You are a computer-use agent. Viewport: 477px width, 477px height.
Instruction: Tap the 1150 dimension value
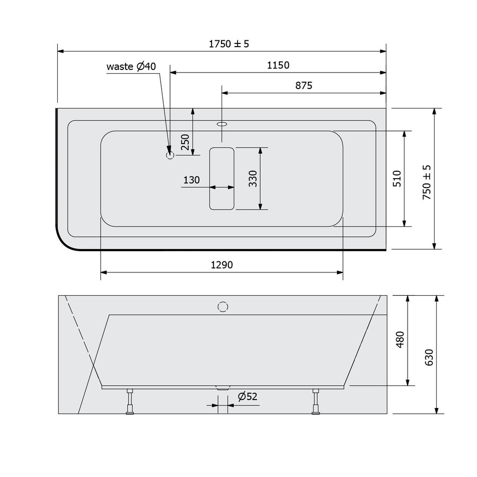[278, 65]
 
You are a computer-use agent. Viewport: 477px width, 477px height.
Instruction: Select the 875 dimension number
[304, 85]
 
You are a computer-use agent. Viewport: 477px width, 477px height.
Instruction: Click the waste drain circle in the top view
[170, 155]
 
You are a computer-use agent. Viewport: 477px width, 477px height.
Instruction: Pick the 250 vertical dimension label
[185, 143]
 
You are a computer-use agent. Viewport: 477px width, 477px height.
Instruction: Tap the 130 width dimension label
[191, 180]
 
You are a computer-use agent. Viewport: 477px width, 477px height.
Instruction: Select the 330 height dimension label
[253, 179]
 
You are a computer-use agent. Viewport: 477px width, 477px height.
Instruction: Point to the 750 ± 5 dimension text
[427, 181]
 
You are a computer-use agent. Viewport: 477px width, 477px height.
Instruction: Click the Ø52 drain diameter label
[247, 396]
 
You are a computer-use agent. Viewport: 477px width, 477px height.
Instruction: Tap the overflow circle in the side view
[223, 306]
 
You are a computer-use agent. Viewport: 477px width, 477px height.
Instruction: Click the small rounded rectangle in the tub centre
[222, 178]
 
